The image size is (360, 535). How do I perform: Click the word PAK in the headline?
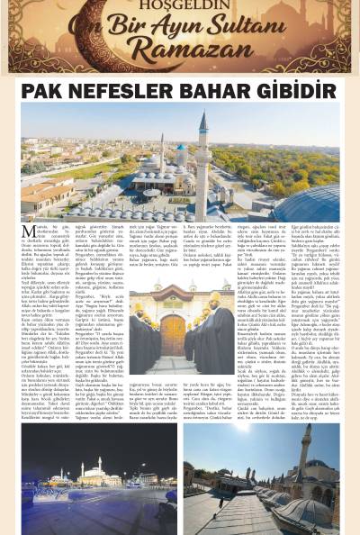pos(46,91)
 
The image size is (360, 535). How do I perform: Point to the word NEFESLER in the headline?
pos(127,91)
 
